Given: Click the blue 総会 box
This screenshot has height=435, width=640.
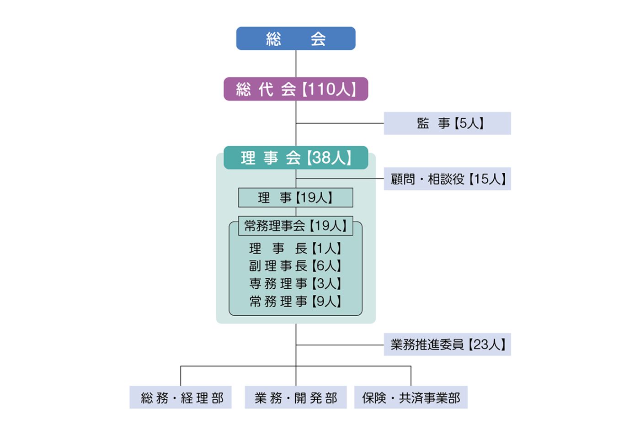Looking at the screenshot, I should [x=295, y=38].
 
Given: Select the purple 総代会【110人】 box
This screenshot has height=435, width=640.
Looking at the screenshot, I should [x=295, y=89].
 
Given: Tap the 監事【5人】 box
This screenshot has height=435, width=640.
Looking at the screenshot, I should [x=447, y=123].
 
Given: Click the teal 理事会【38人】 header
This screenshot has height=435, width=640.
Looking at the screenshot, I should [x=295, y=158].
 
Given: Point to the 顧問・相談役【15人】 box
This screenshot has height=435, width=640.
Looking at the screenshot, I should [x=447, y=179].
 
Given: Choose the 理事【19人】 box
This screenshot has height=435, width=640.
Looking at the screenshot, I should [x=295, y=198].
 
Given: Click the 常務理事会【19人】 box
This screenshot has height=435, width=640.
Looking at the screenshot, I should [x=295, y=226].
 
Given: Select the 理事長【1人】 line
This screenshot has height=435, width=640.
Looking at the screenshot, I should [x=295, y=249].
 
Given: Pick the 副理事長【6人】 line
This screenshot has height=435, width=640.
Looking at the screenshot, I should [x=295, y=266].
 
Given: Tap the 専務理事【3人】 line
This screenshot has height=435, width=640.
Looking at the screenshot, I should [x=295, y=284].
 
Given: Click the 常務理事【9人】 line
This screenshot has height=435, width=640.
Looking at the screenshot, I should [x=295, y=302].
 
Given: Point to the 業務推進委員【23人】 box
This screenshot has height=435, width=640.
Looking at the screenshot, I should [x=447, y=345].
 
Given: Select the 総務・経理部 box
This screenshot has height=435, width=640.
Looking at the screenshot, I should [x=181, y=398].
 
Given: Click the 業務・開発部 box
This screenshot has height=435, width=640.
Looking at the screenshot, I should [x=295, y=398].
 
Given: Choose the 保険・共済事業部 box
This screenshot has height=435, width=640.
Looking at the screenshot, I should [x=411, y=398].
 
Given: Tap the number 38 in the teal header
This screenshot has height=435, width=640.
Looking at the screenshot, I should [x=321, y=158].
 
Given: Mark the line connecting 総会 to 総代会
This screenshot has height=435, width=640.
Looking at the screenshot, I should [x=296, y=64].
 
